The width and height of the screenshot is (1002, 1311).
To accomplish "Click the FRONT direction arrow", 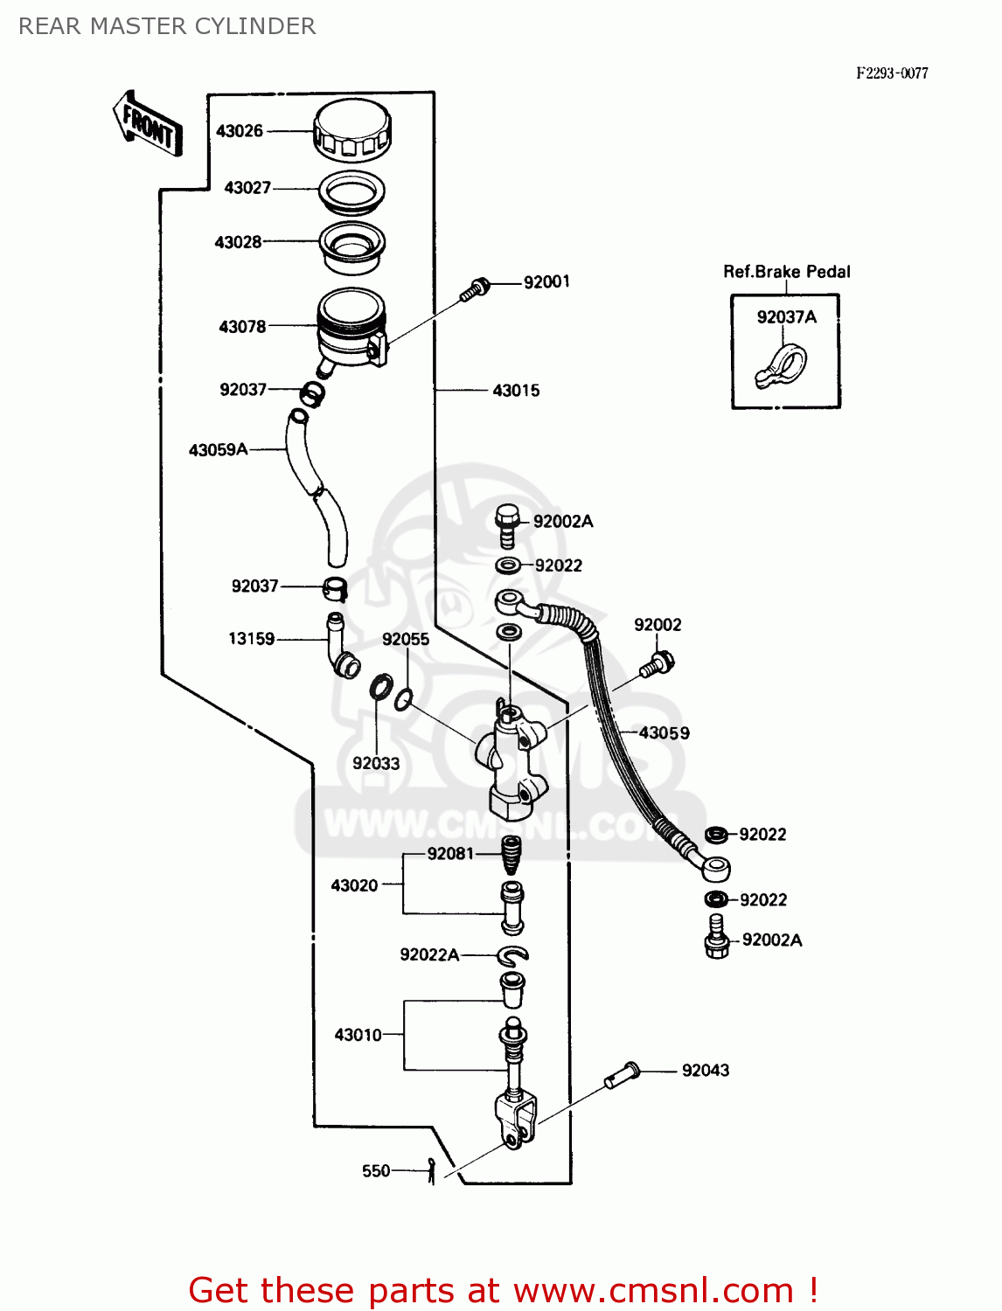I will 148,124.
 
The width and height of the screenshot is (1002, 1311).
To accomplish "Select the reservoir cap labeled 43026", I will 351,130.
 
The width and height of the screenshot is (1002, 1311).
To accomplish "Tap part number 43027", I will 247,188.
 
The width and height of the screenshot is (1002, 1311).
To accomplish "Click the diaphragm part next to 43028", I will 351,245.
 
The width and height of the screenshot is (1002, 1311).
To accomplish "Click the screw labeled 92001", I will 476,288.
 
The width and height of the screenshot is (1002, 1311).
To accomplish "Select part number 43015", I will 516,391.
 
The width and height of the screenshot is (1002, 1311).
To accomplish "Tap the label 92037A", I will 786,317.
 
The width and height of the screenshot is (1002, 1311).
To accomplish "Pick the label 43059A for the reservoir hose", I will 219,450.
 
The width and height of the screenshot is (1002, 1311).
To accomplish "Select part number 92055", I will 406,640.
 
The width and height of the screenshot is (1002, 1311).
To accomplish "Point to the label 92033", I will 376,763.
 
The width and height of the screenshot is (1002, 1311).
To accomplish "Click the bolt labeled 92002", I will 655,664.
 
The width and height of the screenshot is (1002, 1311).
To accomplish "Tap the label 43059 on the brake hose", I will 664,733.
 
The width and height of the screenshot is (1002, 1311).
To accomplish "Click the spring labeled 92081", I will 511,854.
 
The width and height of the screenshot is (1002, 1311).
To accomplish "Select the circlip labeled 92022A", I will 511,954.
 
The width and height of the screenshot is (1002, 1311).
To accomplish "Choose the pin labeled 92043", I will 623,1075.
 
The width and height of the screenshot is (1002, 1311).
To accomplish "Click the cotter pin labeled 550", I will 431,1170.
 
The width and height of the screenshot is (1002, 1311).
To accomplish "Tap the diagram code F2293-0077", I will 892,73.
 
